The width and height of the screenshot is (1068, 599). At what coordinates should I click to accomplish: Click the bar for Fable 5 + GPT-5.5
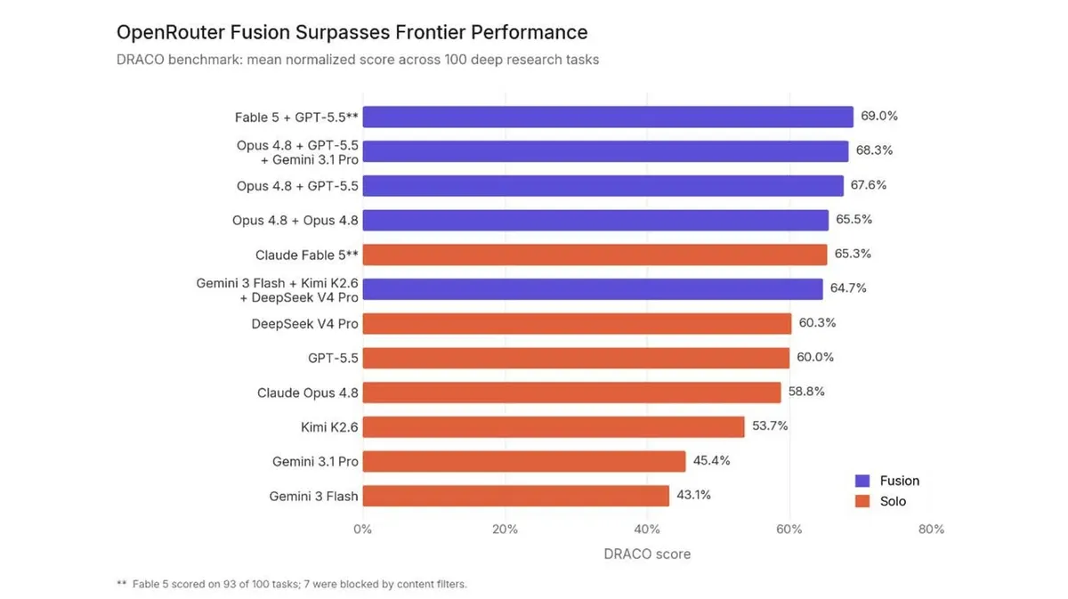(x=608, y=117)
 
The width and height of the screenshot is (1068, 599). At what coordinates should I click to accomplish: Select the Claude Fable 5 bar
(x=595, y=255)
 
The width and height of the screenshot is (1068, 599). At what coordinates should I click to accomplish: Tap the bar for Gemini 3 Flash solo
(x=516, y=496)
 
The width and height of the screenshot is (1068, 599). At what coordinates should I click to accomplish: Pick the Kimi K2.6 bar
(x=554, y=427)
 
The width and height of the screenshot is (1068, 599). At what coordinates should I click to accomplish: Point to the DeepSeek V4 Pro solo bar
(x=577, y=323)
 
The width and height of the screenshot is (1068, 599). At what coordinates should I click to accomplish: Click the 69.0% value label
(x=879, y=116)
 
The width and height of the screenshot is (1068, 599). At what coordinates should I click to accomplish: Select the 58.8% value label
(x=806, y=392)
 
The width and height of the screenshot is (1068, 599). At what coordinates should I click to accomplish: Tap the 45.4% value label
(x=711, y=460)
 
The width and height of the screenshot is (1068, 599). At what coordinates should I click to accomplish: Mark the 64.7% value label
(x=848, y=288)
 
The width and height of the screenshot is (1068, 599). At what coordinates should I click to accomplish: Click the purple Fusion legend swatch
(x=862, y=481)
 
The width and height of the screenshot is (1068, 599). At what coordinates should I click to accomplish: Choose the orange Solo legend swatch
(x=862, y=501)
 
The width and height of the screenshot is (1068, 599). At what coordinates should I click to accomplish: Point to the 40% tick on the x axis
(x=647, y=530)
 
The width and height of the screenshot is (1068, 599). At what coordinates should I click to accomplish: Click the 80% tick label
(x=931, y=530)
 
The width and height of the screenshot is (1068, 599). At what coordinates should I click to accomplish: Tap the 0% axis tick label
(x=363, y=530)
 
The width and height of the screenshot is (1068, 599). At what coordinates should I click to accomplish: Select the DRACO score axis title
(x=647, y=554)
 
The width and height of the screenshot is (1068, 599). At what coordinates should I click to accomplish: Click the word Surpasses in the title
(x=342, y=33)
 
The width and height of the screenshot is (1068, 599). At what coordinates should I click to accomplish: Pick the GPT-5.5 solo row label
(x=333, y=358)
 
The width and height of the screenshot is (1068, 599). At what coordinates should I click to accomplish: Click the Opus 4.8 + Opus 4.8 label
(x=295, y=221)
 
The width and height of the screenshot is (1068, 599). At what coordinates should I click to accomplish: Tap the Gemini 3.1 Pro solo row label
(x=315, y=462)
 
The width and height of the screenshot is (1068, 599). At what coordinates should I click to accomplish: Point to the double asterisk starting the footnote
(x=122, y=583)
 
